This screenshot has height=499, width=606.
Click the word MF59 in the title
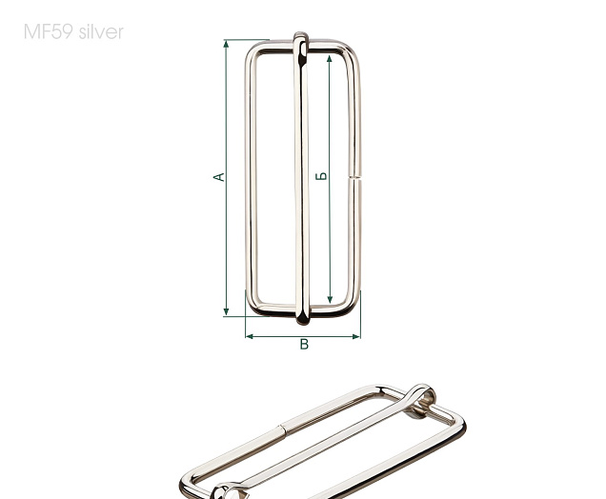tap(48, 31)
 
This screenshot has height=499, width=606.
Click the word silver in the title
tap(101, 31)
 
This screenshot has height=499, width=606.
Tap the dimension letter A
tap(219, 177)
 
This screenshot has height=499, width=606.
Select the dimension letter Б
tap(321, 176)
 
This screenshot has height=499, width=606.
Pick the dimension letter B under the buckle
tap(304, 344)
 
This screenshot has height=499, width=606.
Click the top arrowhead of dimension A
tap(226, 44)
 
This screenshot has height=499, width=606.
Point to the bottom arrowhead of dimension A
tap(226, 311)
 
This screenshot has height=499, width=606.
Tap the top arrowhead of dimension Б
tap(330, 59)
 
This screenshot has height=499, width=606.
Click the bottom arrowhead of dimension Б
tap(330, 299)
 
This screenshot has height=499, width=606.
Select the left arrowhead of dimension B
tap(250, 336)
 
